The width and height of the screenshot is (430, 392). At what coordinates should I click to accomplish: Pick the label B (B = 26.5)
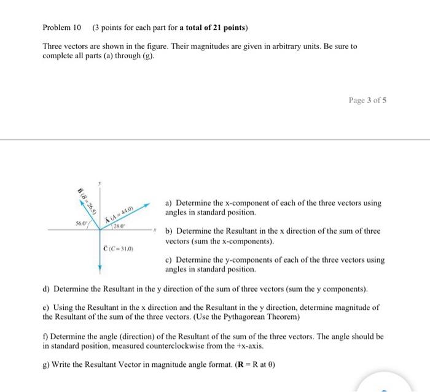coord(87,200)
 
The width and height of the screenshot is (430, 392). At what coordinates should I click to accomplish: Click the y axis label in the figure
coord(100,183)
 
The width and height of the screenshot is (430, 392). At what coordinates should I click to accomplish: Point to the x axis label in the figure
coord(156,229)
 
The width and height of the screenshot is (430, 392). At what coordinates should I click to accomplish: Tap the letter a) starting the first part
coord(169,203)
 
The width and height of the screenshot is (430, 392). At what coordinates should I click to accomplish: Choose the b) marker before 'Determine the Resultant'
coord(169,231)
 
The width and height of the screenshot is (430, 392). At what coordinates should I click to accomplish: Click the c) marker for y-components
coord(169,259)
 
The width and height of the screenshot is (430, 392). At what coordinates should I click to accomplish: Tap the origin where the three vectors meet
coord(100,229)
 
